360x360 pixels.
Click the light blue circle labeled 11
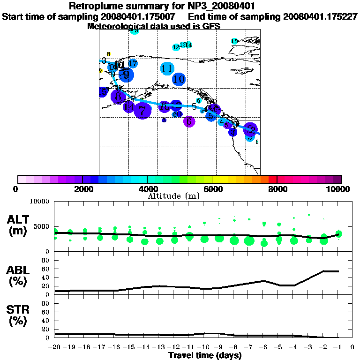(x=167, y=69)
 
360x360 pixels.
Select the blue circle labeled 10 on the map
(x=179, y=80)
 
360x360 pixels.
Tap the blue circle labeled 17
(x=133, y=63)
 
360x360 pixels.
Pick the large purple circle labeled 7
(x=142, y=111)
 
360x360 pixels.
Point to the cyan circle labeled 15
(x=234, y=41)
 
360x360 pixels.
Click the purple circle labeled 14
(x=129, y=107)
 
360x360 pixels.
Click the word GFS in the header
(x=210, y=26)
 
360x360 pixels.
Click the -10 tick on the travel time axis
(x=202, y=347)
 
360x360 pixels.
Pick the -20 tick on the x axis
(x=54, y=347)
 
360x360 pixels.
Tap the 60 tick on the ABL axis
(x=46, y=269)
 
